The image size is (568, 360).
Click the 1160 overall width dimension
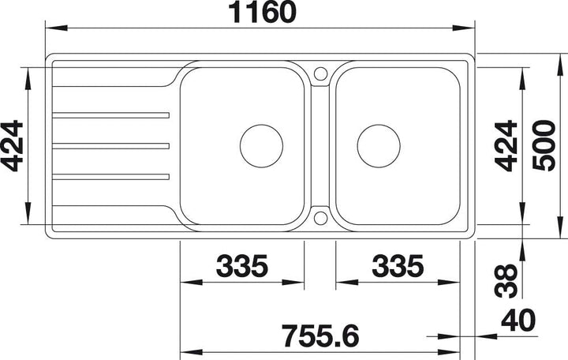pyautogui.click(x=263, y=12)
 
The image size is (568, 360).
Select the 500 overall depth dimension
pyautogui.click(x=544, y=145)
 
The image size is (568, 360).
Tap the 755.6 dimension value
pyautogui.click(x=320, y=336)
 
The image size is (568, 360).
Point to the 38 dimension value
pyautogui.click(x=506, y=281)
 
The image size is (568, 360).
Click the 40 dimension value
pyautogui.click(x=518, y=320)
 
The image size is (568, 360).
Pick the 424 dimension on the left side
pyautogui.click(x=12, y=146)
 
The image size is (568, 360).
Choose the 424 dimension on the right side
pyautogui.click(x=506, y=145)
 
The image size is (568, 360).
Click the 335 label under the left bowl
pyautogui.click(x=242, y=266)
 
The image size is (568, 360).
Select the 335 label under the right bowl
pyautogui.click(x=398, y=266)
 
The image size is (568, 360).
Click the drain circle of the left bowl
pyautogui.click(x=261, y=125)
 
